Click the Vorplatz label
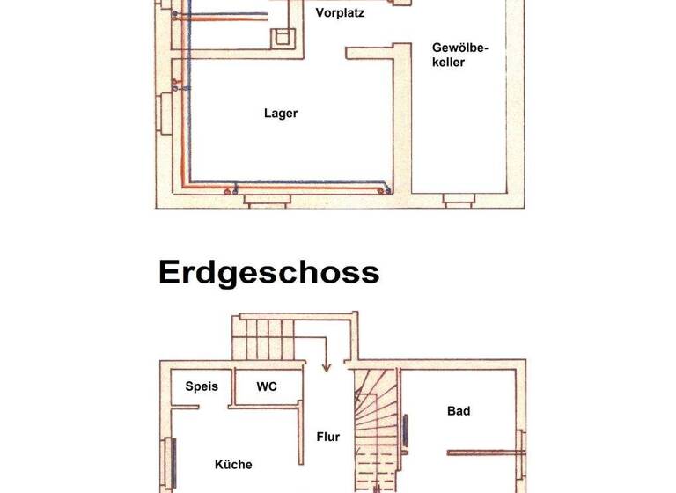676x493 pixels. point(339,13)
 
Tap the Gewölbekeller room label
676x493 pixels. point(460,54)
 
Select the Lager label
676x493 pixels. point(281,113)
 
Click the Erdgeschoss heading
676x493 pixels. point(268,272)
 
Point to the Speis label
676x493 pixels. point(201,386)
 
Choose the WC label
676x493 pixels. point(267,386)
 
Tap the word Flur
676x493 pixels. point(328,436)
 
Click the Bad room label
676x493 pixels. point(459,410)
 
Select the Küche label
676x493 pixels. point(233,464)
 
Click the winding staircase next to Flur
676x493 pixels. point(375,431)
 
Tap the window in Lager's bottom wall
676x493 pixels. point(265,201)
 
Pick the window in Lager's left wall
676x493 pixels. point(163,113)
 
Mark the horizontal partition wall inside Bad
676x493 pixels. point(484,453)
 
